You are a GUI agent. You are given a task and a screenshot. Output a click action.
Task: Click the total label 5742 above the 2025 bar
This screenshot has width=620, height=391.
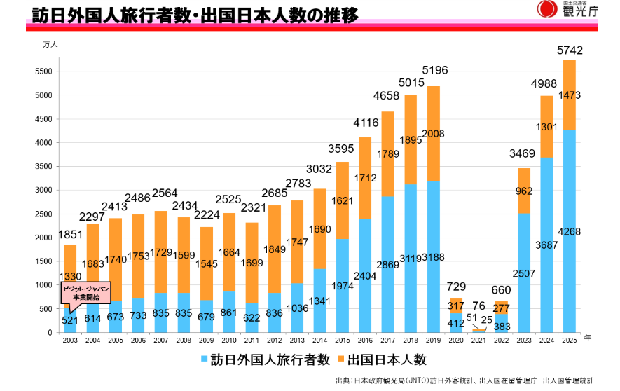click(x=569, y=50)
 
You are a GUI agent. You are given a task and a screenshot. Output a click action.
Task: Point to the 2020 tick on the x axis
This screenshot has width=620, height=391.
click(x=456, y=339)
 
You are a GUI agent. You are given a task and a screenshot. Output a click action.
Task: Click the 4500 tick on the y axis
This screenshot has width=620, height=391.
click(x=43, y=119)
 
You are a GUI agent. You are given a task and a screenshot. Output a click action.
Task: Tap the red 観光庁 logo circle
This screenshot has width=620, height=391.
click(x=546, y=9)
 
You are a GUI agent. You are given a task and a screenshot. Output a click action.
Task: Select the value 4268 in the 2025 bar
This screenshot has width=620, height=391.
click(x=569, y=232)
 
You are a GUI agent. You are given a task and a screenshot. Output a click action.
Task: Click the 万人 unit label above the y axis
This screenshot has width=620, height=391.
click(x=50, y=44)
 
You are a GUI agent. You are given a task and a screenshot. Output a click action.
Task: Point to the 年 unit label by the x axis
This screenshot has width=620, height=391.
click(x=588, y=338)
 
